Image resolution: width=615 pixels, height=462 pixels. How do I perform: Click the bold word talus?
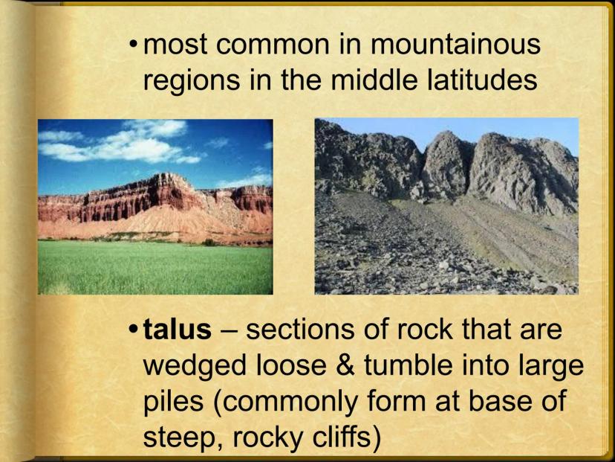(178, 330)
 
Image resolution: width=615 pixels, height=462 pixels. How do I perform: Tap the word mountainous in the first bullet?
(456, 44)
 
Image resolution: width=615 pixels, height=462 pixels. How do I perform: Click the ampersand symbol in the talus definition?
(345, 365)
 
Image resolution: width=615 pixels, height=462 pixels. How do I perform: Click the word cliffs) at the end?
(346, 437)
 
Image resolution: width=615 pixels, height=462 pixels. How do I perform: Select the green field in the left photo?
(155, 267)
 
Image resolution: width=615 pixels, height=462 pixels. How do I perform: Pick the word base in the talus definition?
(502, 401)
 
